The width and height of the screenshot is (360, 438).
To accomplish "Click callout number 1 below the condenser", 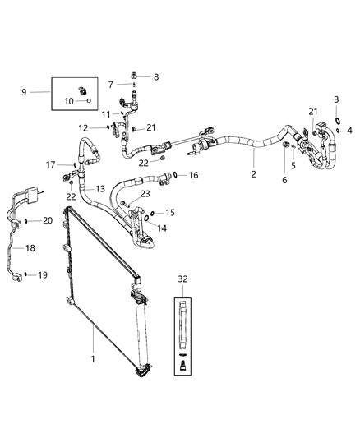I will (93, 358).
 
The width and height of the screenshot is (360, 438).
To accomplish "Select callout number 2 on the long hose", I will (252, 175).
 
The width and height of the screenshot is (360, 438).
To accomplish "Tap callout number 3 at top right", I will (335, 99).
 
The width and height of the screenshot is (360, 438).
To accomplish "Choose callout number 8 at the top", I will (156, 76).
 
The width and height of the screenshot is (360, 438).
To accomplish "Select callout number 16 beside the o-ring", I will (193, 175).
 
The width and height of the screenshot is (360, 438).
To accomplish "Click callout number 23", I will (145, 194).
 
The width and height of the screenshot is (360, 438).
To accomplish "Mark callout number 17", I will (50, 164).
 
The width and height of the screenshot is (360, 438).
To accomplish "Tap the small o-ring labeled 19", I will (26, 274).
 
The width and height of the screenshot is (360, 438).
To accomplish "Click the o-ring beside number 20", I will (27, 220).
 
